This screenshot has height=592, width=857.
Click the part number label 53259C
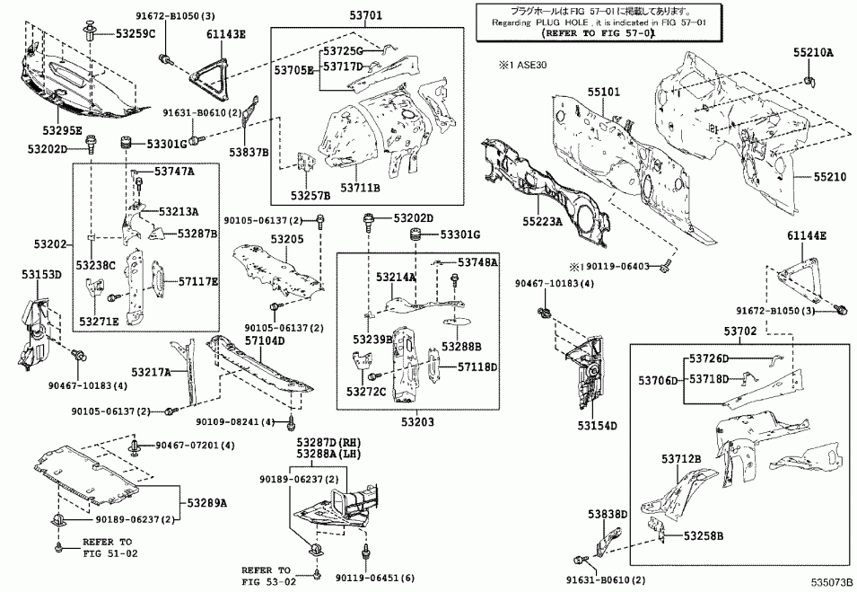(x=136, y=33)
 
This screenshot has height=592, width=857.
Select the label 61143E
(x=225, y=33)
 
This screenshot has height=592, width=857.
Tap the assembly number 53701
(x=365, y=15)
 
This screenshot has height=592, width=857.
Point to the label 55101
(x=604, y=92)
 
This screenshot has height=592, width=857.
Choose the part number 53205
(x=288, y=240)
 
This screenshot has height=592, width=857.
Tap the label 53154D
(x=598, y=425)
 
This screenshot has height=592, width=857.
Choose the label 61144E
(x=808, y=235)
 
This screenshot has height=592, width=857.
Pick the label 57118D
(x=477, y=367)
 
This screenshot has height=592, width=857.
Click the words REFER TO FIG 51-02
(x=107, y=548)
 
